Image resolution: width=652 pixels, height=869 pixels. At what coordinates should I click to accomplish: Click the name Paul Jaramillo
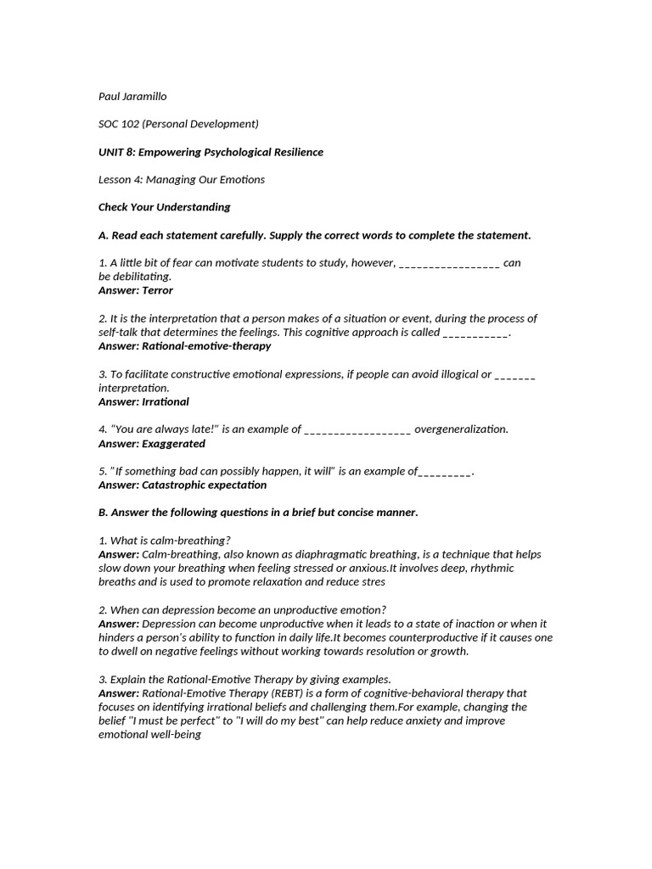click(x=138, y=96)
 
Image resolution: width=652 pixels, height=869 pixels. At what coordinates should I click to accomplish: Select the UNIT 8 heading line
click(x=211, y=152)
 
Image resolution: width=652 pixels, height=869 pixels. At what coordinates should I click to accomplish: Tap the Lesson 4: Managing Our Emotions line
click(x=182, y=179)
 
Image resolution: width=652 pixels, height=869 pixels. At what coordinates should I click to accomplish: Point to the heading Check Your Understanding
click(x=164, y=207)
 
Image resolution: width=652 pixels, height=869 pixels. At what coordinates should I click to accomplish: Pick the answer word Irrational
click(x=166, y=401)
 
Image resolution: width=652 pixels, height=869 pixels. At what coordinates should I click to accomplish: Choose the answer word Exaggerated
click(x=173, y=443)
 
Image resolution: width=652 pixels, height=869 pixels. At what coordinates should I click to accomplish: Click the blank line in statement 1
click(x=448, y=263)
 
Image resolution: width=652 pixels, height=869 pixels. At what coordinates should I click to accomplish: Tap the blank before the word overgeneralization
click(x=357, y=429)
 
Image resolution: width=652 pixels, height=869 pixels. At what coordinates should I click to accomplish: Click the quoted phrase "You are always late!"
click(x=164, y=429)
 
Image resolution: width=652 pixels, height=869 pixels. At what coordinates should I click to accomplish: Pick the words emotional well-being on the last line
click(x=149, y=734)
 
